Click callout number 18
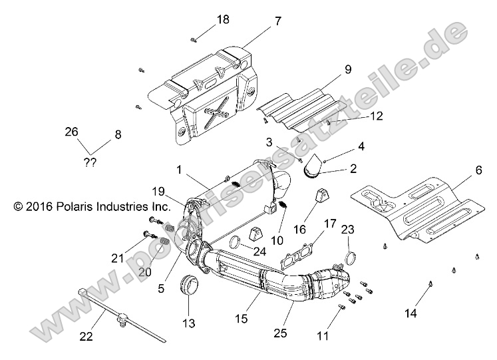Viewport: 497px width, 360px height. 223,19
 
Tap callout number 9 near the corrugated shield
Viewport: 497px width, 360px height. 347,69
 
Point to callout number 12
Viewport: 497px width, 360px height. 376,116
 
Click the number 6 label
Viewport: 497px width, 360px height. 459,170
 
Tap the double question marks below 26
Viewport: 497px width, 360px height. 89,162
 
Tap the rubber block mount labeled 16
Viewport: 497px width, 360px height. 323,199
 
